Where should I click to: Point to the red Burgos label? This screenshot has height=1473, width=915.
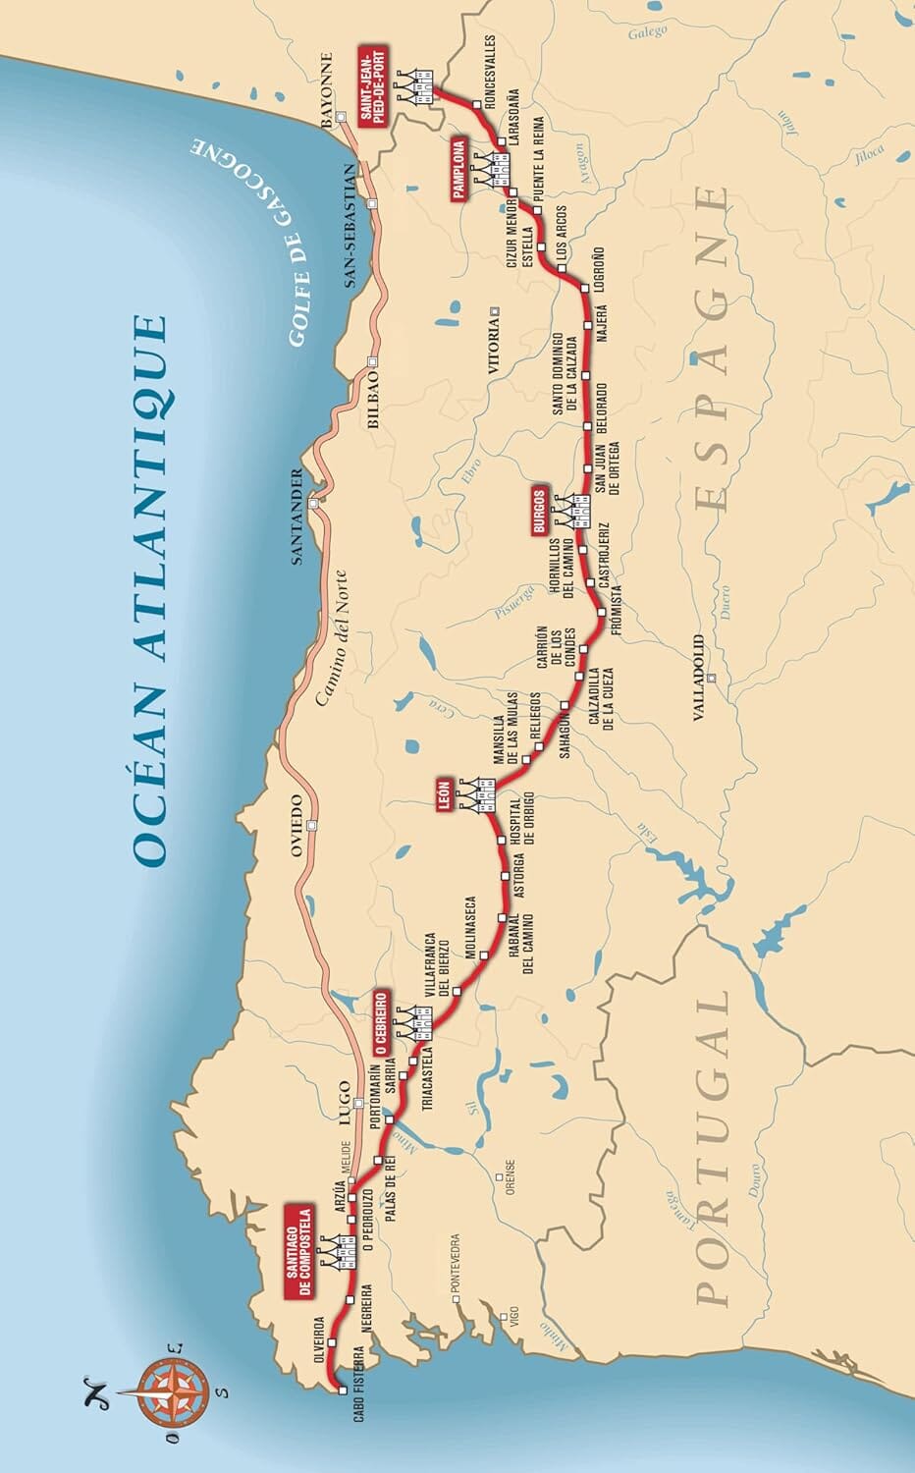click(538, 510)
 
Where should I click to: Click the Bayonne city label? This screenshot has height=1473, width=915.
click(327, 90)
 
